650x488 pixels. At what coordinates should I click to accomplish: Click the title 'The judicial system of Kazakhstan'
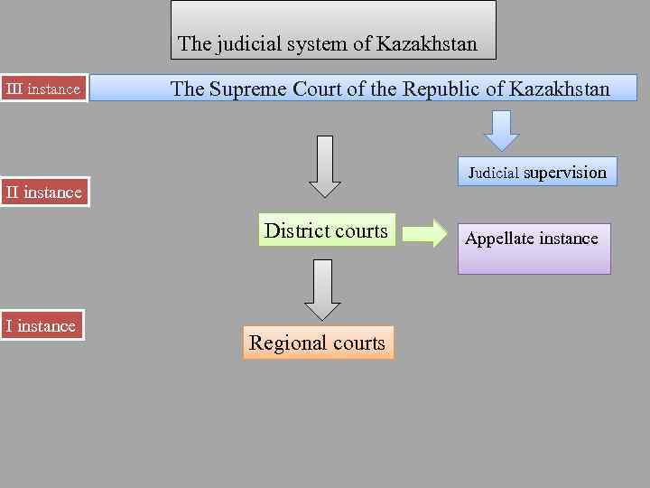[x=329, y=42]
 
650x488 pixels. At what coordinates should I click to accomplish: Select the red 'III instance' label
[x=43, y=89]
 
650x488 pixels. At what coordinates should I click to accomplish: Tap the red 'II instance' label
[x=44, y=192]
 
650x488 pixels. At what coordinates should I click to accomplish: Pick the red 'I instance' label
[x=42, y=325]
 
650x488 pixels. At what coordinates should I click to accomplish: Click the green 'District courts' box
[x=326, y=230]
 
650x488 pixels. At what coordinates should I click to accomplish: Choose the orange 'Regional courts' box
[x=318, y=343]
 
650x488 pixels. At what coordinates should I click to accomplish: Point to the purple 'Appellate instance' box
[x=534, y=248]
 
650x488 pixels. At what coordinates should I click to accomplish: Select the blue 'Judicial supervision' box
[x=537, y=172]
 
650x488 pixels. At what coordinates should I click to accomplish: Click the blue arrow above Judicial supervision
[x=502, y=130]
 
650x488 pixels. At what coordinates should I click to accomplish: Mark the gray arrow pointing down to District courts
[x=325, y=166]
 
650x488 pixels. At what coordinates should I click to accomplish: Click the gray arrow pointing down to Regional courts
[x=322, y=289]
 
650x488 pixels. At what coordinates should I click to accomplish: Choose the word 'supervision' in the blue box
[x=565, y=172]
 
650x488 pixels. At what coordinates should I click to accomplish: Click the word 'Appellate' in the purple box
[x=499, y=239]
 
